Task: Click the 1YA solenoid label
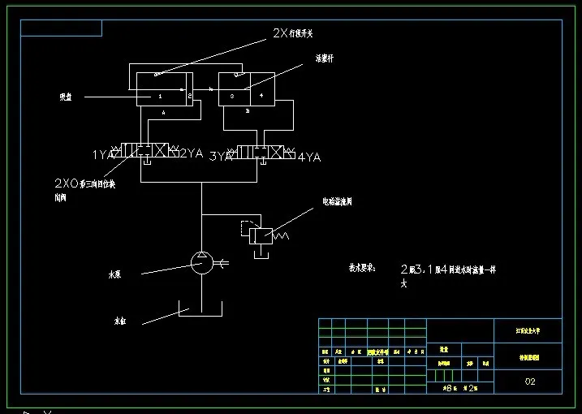coord(102,153)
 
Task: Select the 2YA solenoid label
coord(191,153)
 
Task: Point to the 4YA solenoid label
coord(309,157)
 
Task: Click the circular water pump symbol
coord(201,261)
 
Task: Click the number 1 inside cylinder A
coord(160,96)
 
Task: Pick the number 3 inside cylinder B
coord(232,96)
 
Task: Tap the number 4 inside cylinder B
coord(261,96)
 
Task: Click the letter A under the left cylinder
coord(163,114)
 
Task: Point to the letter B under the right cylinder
coord(247,112)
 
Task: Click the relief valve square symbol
coord(261,235)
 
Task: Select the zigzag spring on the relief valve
coord(280,235)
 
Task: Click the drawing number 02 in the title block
coord(530,381)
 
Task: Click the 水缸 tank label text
coord(119,321)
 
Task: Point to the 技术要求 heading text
coord(362,267)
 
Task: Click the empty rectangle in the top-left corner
coord(62,29)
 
